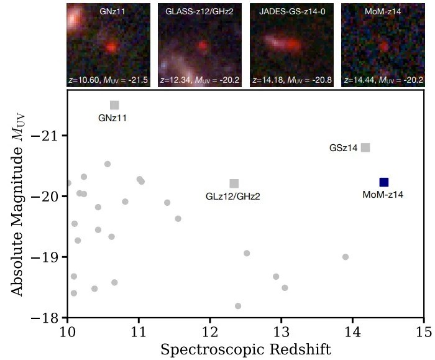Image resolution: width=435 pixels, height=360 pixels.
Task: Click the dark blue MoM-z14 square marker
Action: tap(383, 182)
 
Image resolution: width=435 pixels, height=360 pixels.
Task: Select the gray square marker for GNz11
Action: tap(114, 105)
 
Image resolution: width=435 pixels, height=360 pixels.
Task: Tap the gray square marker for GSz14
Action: tap(365, 147)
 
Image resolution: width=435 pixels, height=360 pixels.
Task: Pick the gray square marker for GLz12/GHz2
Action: tap(234, 183)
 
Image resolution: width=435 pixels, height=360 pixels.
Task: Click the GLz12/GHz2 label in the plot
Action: tap(232, 196)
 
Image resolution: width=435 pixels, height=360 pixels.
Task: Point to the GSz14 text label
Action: tap(343, 148)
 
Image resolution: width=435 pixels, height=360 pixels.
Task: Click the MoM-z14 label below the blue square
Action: tap(383, 195)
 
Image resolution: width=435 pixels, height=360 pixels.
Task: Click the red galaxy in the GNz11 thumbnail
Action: tap(111, 47)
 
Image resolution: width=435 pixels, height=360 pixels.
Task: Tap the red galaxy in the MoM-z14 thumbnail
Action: tap(384, 46)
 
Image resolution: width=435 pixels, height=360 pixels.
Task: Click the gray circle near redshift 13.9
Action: tap(346, 257)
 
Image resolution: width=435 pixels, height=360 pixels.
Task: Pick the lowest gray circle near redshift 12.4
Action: tap(238, 306)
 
